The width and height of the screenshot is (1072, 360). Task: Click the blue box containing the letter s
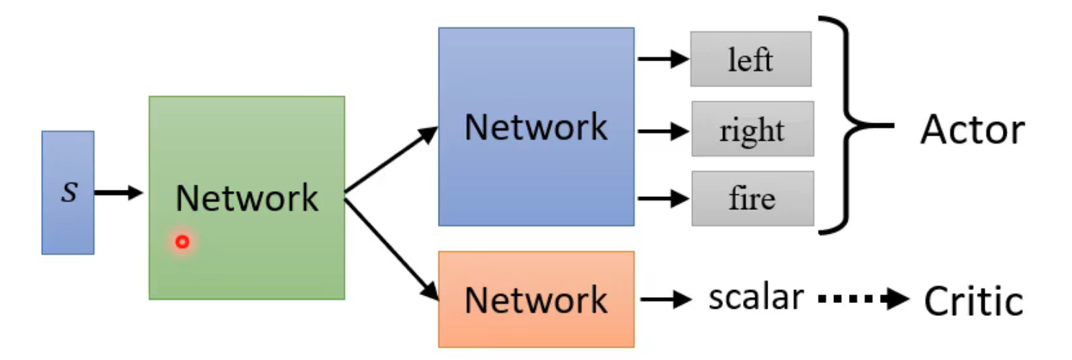(68, 193)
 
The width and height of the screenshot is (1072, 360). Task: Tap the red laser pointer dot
(182, 242)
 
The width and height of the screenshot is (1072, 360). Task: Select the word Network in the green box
(247, 198)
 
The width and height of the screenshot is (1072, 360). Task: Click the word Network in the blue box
(536, 127)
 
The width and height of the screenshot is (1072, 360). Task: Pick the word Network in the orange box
(536, 299)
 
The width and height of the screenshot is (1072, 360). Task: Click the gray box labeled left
(750, 59)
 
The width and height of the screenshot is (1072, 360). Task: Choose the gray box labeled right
(752, 129)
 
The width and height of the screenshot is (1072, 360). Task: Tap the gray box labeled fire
(752, 198)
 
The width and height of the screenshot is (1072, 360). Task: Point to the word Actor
(972, 130)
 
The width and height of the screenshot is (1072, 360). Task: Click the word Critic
(974, 301)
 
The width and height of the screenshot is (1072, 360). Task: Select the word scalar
(755, 297)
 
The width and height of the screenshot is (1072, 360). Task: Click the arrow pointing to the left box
(664, 59)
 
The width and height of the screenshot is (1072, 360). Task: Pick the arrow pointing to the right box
(664, 131)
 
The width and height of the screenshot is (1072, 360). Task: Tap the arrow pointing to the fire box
(664, 198)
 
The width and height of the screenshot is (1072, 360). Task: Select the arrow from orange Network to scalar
(666, 299)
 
